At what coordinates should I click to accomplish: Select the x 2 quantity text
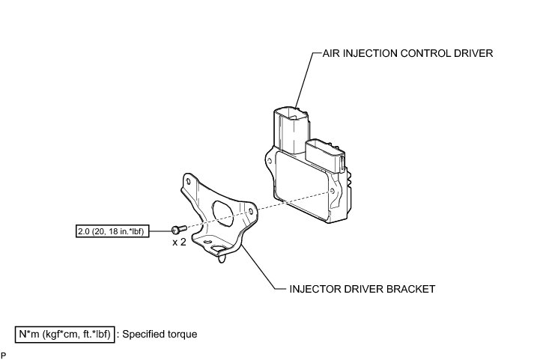(179, 243)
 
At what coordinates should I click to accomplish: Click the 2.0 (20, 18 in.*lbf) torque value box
(113, 231)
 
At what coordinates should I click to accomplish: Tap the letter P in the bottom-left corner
(4, 354)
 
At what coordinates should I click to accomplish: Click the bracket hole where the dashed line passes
(248, 213)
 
